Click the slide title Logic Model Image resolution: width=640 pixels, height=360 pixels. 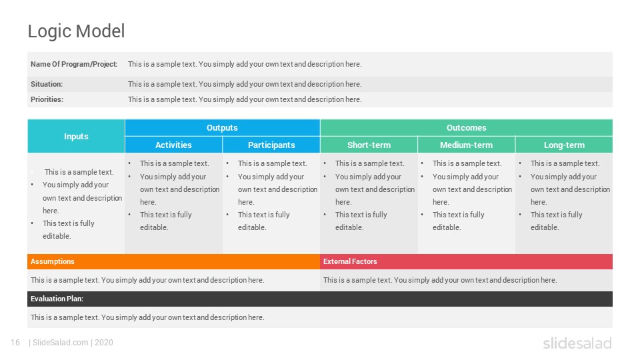click(76, 31)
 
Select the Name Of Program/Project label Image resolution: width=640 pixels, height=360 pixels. click(74, 64)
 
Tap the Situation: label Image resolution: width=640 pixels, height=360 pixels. click(47, 84)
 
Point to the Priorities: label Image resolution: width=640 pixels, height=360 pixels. click(47, 99)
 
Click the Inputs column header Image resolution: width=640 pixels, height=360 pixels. click(76, 136)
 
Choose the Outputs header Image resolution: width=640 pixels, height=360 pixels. click(222, 128)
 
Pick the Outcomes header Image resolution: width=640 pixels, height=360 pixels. click(466, 128)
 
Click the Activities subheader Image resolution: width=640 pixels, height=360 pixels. click(173, 145)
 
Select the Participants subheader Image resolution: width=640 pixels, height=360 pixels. click(271, 145)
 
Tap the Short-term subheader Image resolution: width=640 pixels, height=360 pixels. click(369, 145)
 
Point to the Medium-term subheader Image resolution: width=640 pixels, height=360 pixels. click(466, 145)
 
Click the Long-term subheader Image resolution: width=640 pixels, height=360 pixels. click(564, 145)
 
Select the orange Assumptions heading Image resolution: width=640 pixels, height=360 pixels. click(52, 261)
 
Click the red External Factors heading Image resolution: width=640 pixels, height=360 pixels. click(350, 261)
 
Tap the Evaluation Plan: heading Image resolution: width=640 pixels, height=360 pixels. click(57, 299)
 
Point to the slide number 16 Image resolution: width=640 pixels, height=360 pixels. click(15, 343)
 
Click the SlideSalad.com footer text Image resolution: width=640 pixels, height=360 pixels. click(60, 343)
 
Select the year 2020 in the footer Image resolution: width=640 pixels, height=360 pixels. click(104, 343)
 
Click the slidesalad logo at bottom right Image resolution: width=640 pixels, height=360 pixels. click(577, 343)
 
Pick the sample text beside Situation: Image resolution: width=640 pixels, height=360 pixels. click(245, 84)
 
